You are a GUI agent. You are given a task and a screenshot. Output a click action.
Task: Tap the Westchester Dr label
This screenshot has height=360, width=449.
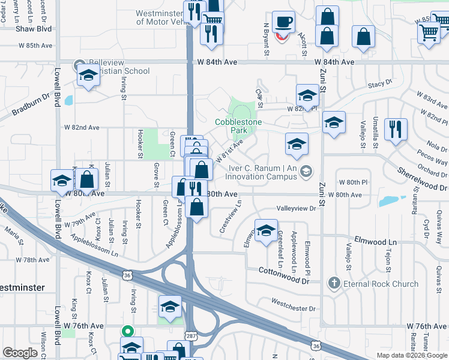293,308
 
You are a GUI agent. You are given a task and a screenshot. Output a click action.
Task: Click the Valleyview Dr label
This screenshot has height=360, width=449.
296,208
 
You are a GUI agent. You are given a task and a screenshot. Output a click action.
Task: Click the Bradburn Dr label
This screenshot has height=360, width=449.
31,106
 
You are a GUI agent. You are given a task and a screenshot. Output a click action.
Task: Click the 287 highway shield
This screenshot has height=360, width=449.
190,336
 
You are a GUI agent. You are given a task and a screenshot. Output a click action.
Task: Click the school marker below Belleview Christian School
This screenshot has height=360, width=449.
88,76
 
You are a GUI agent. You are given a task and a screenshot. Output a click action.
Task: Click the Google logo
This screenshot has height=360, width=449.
20,353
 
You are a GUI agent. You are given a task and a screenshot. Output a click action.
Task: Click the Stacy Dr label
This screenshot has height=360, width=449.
380,85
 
